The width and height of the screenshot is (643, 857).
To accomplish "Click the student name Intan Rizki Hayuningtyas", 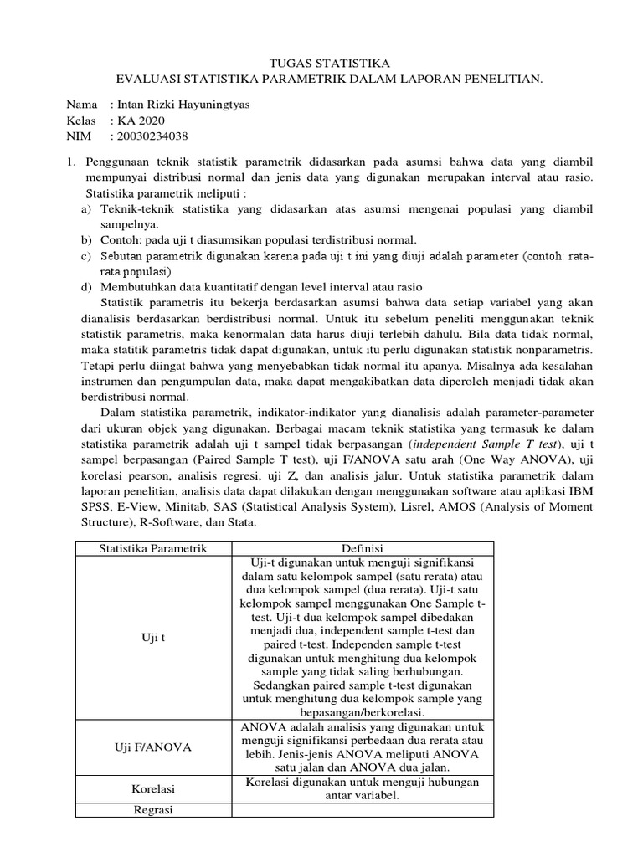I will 180,106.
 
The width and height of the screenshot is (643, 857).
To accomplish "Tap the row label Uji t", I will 152,637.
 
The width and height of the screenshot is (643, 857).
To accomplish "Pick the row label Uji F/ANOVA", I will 153,747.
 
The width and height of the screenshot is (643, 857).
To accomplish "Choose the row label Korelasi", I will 152,788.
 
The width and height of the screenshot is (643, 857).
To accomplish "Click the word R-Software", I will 167,523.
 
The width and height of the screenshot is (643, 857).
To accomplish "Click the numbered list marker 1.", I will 71,163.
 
